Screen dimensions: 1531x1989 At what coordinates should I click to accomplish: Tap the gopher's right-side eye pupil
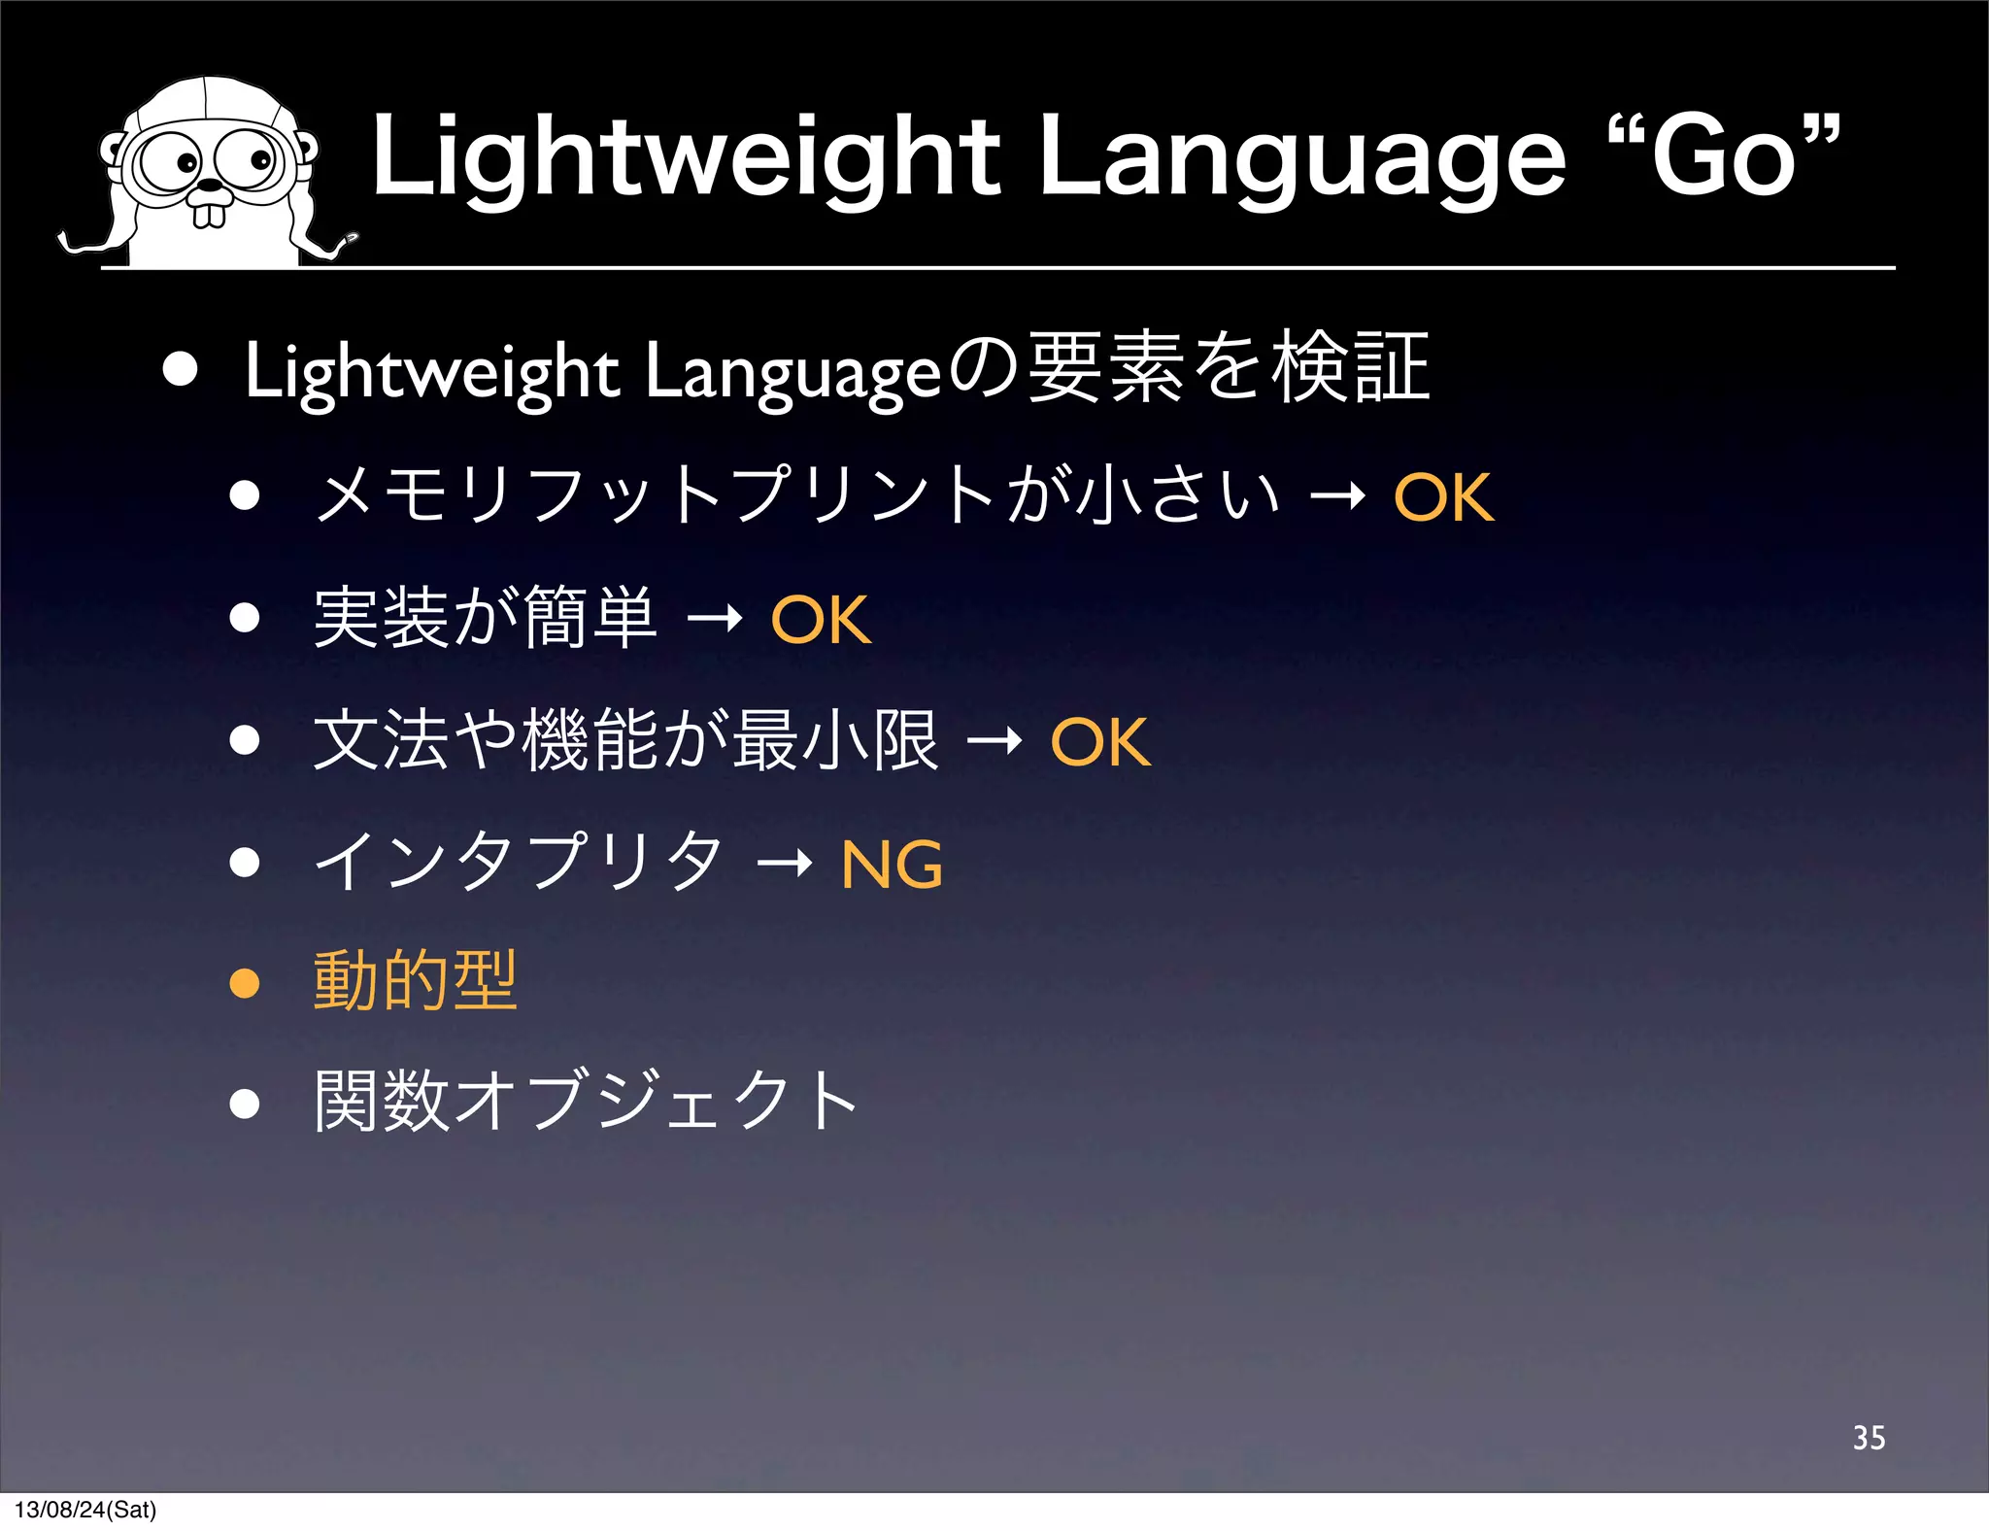(260, 159)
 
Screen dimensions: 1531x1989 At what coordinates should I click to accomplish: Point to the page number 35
(1869, 1438)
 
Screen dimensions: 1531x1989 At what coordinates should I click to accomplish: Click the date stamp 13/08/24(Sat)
(85, 1510)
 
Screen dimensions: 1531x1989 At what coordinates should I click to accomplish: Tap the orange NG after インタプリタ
(892, 865)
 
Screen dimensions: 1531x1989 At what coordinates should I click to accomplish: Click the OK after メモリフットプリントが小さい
(1443, 497)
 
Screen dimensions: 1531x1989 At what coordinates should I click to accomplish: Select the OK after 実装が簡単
(821, 620)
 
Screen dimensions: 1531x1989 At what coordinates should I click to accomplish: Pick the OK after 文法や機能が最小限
(1100, 742)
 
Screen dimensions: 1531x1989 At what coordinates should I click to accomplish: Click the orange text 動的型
(416, 981)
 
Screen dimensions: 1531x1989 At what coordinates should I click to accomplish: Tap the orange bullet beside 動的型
(245, 983)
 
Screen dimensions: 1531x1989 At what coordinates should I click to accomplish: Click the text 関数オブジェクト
(586, 1102)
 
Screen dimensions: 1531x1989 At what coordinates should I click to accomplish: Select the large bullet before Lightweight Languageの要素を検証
(181, 369)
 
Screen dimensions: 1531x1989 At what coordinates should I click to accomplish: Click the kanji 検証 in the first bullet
(1351, 367)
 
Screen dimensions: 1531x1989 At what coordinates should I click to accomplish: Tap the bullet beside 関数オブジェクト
(245, 1104)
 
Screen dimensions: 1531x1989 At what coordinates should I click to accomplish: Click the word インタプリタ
(519, 863)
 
